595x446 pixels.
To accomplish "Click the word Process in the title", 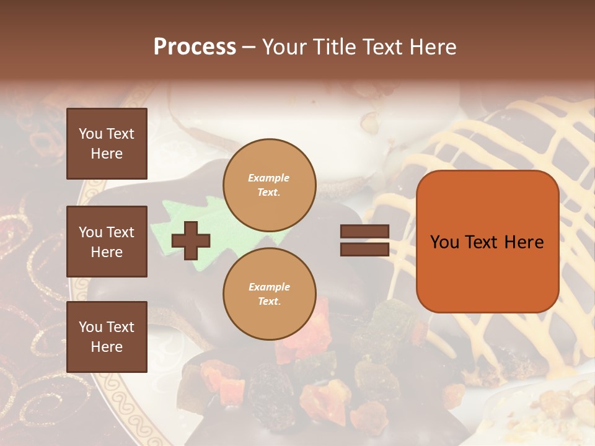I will (x=195, y=47).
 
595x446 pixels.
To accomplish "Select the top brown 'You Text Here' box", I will (x=107, y=144).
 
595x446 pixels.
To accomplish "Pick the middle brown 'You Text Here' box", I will (x=107, y=242).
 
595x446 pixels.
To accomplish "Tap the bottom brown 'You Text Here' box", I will (x=107, y=337).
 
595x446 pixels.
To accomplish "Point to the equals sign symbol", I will (x=364, y=240).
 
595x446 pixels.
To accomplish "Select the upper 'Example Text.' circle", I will (x=270, y=185).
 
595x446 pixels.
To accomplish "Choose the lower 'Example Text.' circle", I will (x=270, y=294).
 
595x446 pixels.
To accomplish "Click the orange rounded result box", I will (x=487, y=242).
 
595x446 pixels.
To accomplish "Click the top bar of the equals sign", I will (x=364, y=232).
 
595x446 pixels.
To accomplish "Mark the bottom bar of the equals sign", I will (x=364, y=249).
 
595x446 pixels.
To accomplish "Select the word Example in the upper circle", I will (x=269, y=178).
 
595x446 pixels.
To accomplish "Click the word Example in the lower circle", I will (x=269, y=287).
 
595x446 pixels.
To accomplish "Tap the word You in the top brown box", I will (x=90, y=134).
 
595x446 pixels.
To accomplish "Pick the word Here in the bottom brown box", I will (x=107, y=347).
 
